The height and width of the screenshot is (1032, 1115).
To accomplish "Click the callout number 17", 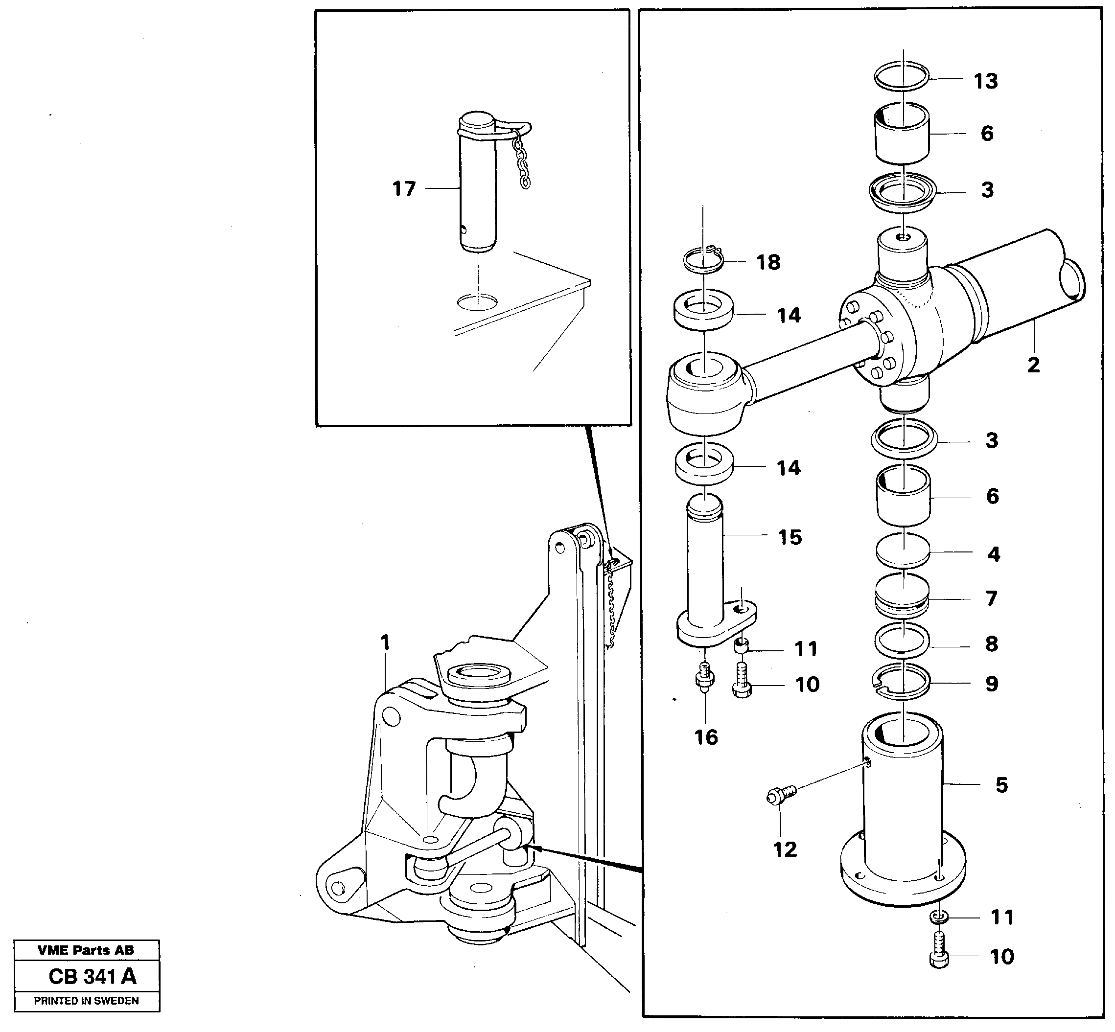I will pyautogui.click(x=404, y=189).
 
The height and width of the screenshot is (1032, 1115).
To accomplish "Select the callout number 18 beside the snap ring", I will pyautogui.click(x=767, y=262).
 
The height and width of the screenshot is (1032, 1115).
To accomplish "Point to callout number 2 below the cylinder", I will pyautogui.click(x=1033, y=365).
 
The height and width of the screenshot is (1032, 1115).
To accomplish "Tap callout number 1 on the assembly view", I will pyautogui.click(x=384, y=643).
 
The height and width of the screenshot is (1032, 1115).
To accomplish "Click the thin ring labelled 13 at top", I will pyautogui.click(x=902, y=76).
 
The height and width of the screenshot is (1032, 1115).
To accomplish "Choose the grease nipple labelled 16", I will pyautogui.click(x=704, y=677).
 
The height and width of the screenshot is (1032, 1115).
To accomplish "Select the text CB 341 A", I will pyautogui.click(x=92, y=976).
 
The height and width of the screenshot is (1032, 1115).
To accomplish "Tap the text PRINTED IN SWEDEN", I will pyautogui.click(x=86, y=1000).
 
